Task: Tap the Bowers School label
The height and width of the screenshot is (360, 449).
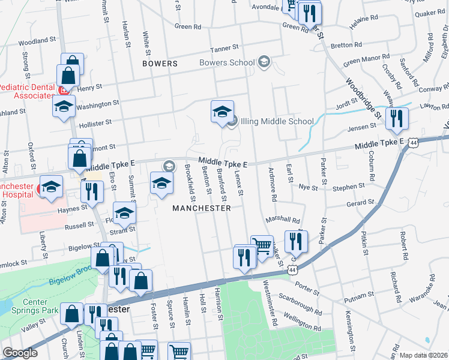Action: [227, 62]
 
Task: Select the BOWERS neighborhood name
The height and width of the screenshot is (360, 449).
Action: [160, 63]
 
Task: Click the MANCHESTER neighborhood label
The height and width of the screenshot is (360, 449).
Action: [201, 208]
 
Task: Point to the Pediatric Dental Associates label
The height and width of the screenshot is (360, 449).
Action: [26, 91]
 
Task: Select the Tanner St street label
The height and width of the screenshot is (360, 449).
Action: [224, 47]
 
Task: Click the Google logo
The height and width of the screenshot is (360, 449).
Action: [20, 353]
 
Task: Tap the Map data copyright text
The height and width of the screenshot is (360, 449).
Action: [423, 355]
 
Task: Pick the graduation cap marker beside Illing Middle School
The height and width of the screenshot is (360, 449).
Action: [221, 111]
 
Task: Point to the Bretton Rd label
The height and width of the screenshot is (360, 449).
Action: [346, 45]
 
